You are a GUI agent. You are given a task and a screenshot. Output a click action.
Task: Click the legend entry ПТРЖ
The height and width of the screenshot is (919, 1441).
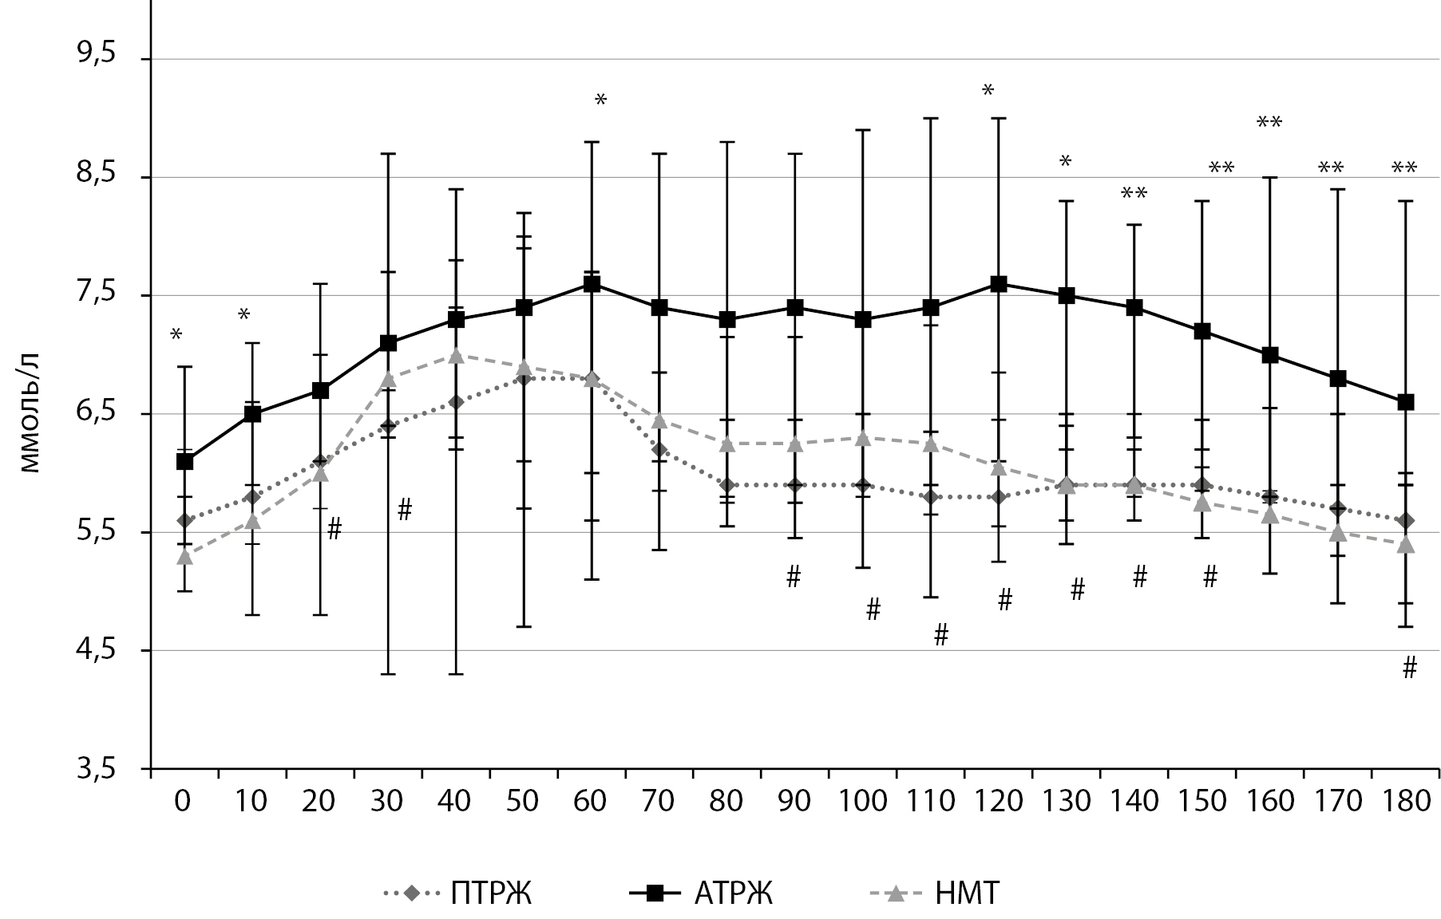(x=458, y=893)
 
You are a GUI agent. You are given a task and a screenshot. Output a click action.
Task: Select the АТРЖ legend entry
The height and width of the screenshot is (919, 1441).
(x=699, y=893)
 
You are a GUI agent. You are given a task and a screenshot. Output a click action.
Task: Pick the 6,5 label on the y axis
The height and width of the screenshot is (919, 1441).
(x=96, y=413)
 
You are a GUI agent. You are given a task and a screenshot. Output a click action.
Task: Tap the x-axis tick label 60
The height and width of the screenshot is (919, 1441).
(x=591, y=800)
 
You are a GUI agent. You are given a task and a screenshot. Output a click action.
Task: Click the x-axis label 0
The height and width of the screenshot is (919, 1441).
(x=184, y=800)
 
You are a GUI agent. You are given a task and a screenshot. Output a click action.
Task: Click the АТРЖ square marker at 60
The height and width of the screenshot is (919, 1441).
(x=592, y=284)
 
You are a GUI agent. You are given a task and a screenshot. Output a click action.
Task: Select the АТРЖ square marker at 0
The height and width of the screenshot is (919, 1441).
(x=184, y=461)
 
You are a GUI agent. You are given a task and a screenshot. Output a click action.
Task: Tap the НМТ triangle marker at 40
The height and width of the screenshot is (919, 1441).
(x=456, y=355)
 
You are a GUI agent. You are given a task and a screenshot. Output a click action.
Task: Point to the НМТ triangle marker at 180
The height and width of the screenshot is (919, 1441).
(x=1406, y=545)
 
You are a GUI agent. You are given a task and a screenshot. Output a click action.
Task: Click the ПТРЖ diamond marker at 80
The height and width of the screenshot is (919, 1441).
(x=727, y=485)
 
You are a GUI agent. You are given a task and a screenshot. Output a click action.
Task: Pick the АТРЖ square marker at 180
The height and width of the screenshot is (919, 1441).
(x=1406, y=402)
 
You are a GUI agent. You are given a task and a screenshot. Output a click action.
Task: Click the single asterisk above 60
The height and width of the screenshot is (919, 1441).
(x=600, y=101)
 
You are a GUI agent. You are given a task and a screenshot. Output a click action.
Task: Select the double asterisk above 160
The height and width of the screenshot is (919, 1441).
(x=1269, y=123)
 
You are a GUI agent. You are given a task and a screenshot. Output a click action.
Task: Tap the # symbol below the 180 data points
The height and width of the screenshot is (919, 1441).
(x=1409, y=668)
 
